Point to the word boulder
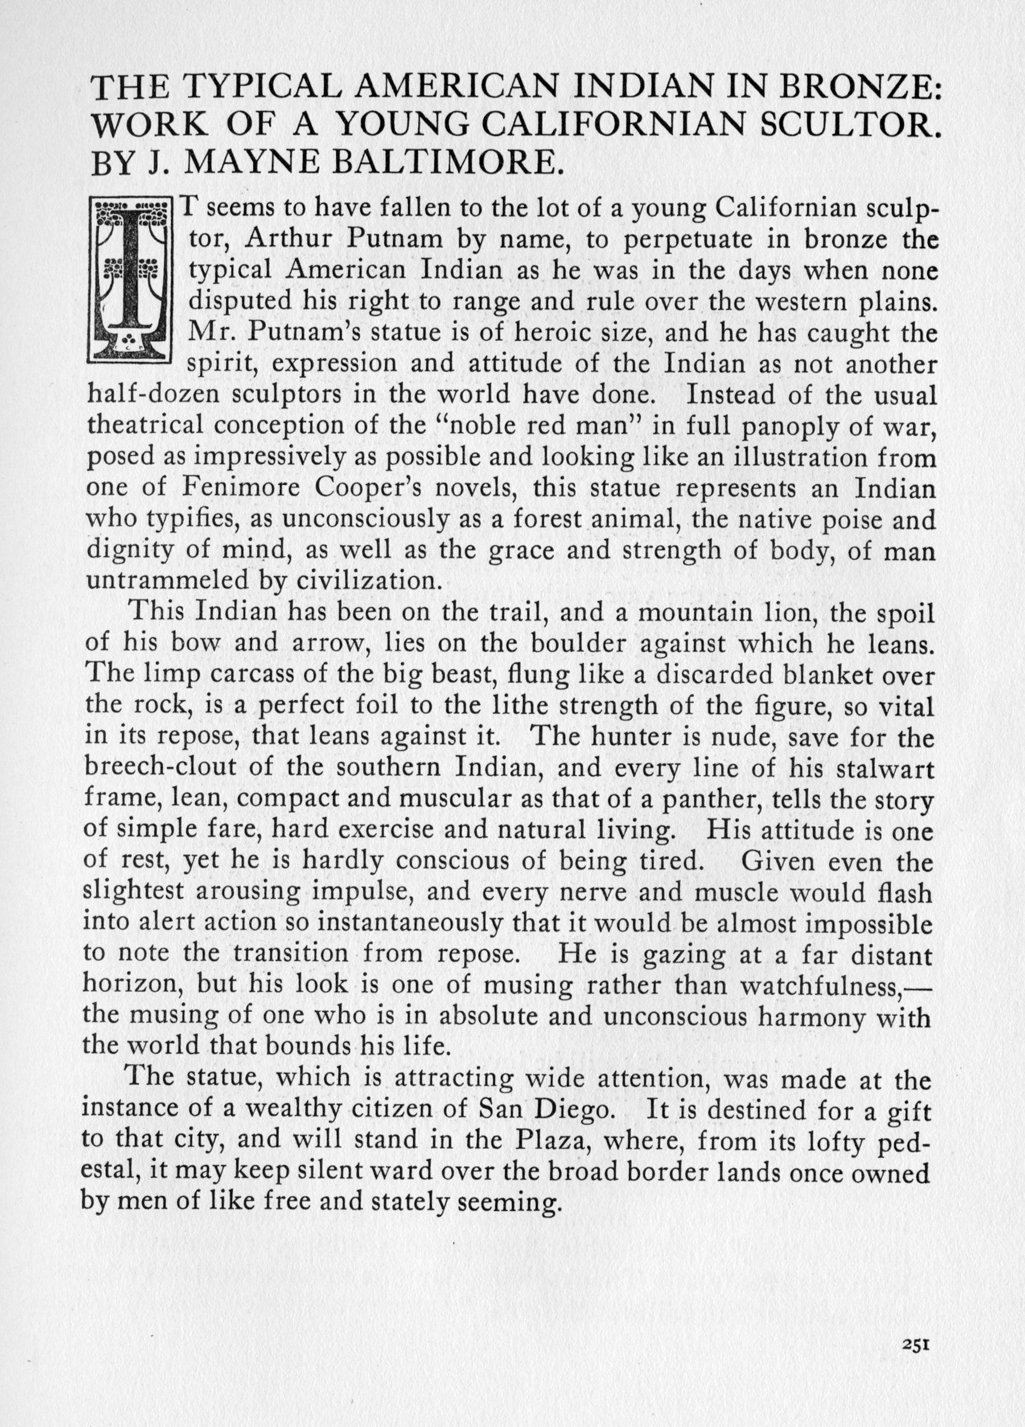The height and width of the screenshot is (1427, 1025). (x=581, y=644)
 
